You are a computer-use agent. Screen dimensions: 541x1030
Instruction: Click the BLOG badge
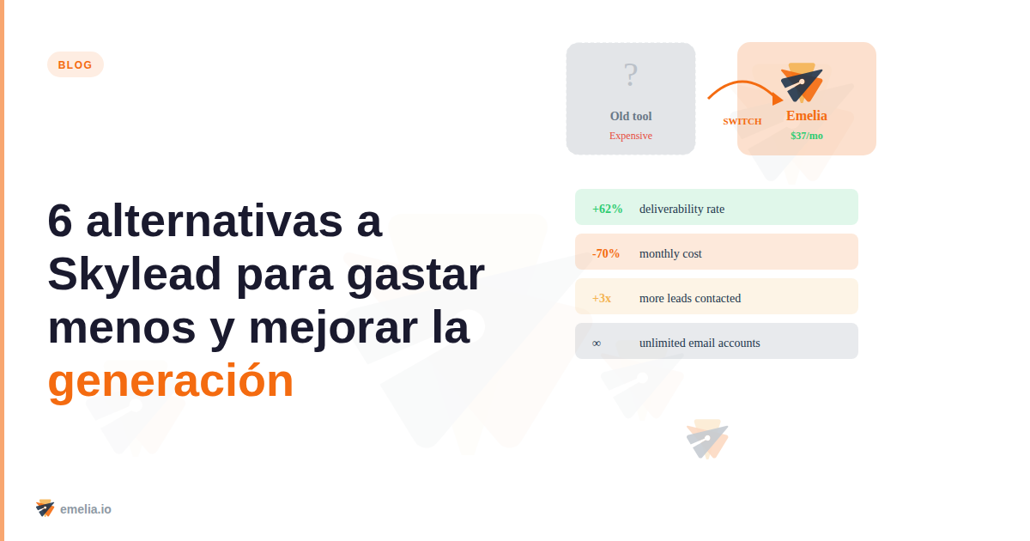pos(76,64)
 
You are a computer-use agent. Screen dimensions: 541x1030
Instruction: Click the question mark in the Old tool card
pos(631,76)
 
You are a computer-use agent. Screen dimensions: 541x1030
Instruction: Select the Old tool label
pos(631,116)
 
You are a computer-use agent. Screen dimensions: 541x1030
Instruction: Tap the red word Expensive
pos(631,136)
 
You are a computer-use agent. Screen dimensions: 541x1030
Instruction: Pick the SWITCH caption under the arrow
pos(742,121)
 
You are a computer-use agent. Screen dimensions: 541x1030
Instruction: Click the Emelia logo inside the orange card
pos(802,83)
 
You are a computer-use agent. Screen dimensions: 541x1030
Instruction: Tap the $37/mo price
pos(807,136)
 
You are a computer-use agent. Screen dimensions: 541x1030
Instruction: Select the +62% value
pos(608,209)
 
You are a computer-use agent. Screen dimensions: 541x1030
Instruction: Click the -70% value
pos(606,253)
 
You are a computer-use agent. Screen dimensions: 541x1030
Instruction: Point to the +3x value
pos(602,298)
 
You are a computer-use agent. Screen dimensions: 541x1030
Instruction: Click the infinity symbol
pos(597,343)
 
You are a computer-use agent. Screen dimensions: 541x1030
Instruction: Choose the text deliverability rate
pos(682,209)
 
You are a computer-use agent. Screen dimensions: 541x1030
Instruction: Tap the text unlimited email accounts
pos(700,343)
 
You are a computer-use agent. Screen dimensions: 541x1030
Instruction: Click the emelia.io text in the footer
pos(86,508)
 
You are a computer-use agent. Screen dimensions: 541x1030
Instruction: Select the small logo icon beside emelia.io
pos(45,508)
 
